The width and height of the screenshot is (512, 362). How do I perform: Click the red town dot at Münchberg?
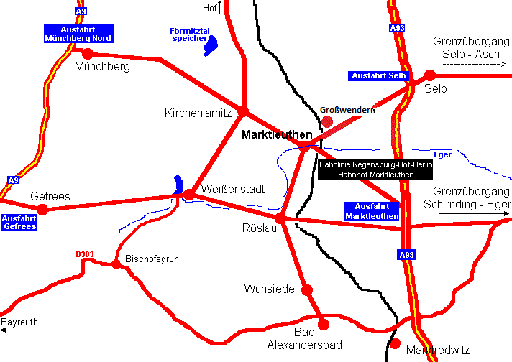click(x=88, y=53)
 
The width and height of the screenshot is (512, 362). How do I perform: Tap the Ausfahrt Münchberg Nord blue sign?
click(x=78, y=33)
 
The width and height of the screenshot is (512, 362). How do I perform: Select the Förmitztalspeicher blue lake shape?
click(x=211, y=45)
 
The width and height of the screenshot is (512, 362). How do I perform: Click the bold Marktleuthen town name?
click(x=277, y=134)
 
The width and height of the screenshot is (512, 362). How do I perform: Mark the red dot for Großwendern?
click(x=327, y=121)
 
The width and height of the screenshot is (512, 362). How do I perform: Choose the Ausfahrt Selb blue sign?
click(x=378, y=75)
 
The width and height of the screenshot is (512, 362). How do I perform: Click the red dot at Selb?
click(x=430, y=75)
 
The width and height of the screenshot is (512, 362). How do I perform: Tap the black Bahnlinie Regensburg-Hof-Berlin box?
click(x=376, y=170)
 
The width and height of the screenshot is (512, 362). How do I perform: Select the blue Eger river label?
click(x=442, y=154)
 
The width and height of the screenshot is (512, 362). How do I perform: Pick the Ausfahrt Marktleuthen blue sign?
click(x=372, y=210)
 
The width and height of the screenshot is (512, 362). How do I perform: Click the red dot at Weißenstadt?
click(x=189, y=194)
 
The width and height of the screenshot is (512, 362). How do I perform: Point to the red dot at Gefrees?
click(x=42, y=209)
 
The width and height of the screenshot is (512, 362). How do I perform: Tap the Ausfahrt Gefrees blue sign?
click(x=19, y=222)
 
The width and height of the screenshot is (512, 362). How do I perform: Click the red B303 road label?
click(x=85, y=254)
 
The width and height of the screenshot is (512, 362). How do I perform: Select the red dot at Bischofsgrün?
click(x=116, y=264)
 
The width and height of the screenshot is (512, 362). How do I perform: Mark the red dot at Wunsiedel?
click(x=307, y=290)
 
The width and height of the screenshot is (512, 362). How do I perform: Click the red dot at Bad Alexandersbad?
click(x=323, y=324)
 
